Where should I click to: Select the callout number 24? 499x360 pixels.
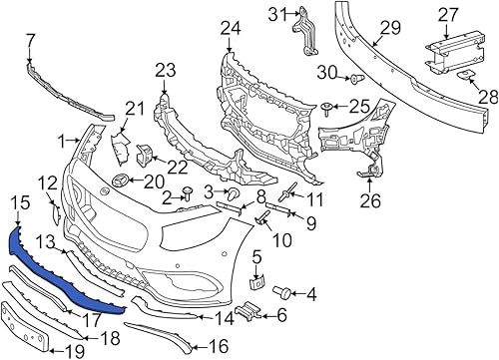point(232,27)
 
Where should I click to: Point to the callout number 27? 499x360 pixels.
point(448,14)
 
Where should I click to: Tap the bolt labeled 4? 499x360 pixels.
point(280,292)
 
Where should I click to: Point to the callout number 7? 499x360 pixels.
point(28,40)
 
